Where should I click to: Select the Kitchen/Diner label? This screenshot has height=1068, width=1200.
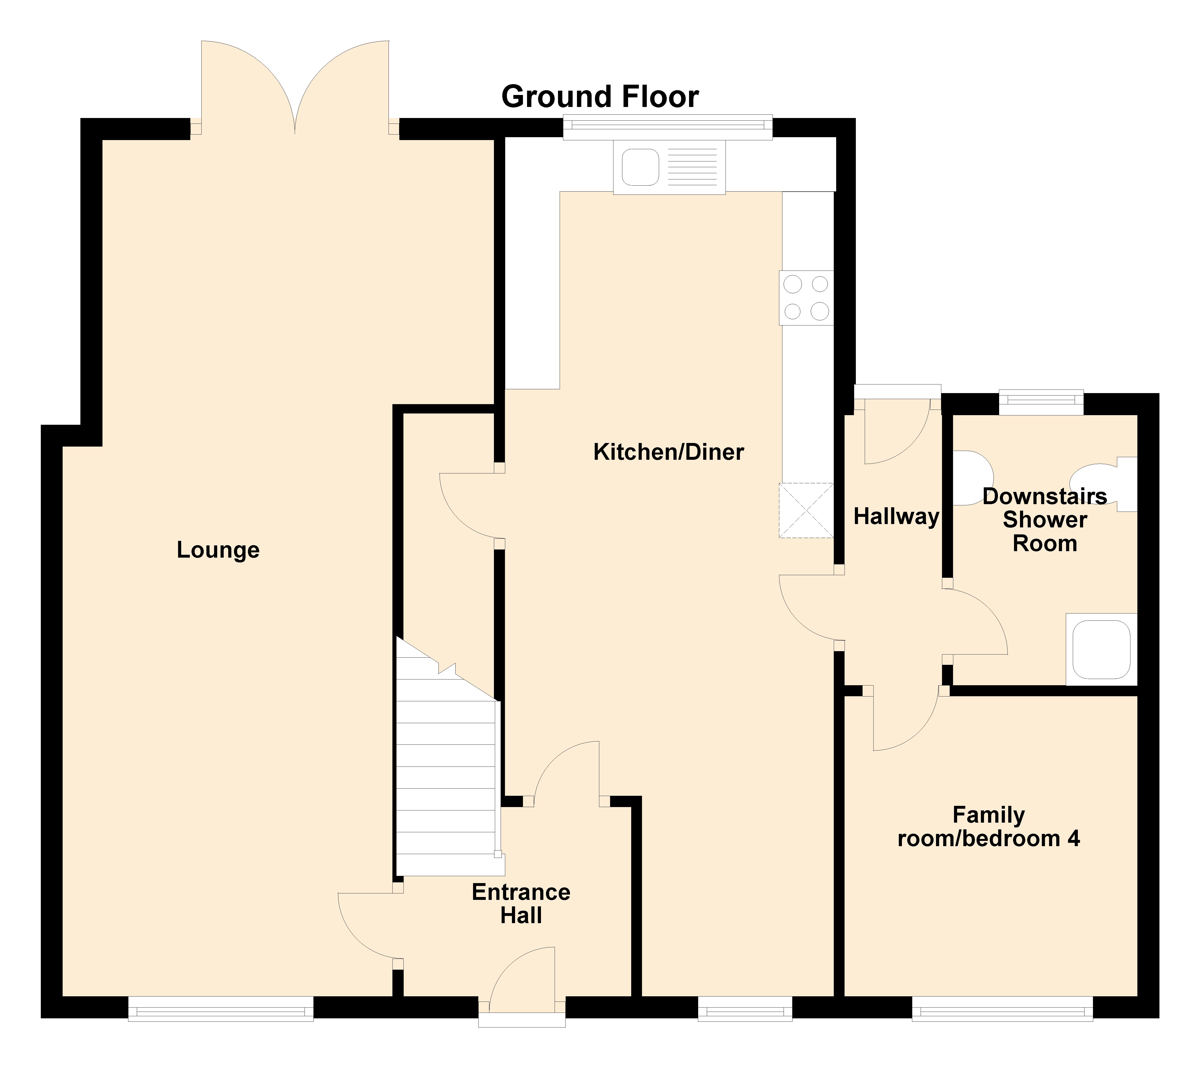pyautogui.click(x=669, y=452)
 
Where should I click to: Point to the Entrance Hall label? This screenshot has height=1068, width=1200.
pyautogui.click(x=521, y=904)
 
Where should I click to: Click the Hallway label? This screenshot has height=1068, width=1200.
pyautogui.click(x=896, y=516)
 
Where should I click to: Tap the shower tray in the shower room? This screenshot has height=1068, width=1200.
pyautogui.click(x=1101, y=650)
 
